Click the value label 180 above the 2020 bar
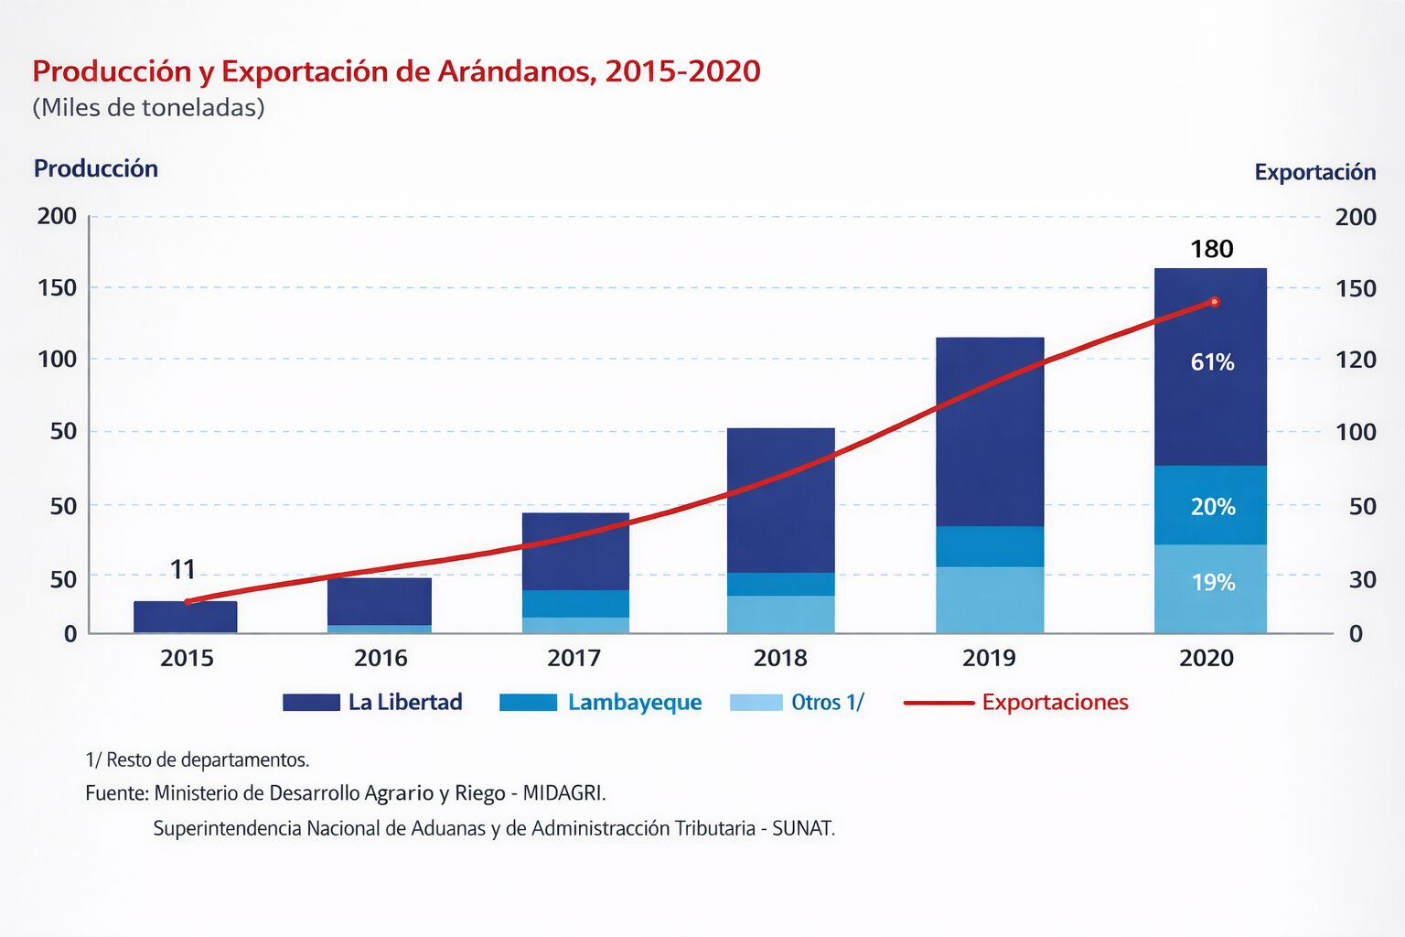[1211, 249]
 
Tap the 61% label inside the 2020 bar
[1212, 362]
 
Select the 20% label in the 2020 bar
[1212, 507]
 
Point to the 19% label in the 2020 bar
[1212, 583]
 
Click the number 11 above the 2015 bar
[183, 570]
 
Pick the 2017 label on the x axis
[574, 658]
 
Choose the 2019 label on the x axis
[989, 658]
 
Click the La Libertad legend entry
[404, 703]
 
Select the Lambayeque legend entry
[634, 703]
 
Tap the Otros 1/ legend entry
[827, 703]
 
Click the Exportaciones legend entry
[1055, 703]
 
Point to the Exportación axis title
[1314, 172]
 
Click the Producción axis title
[96, 168]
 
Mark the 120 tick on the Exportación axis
[1355, 360]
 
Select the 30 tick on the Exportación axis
[1361, 579]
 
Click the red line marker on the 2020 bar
[1214, 302]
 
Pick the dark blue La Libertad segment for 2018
[780, 500]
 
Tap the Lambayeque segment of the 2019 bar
[990, 546]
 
